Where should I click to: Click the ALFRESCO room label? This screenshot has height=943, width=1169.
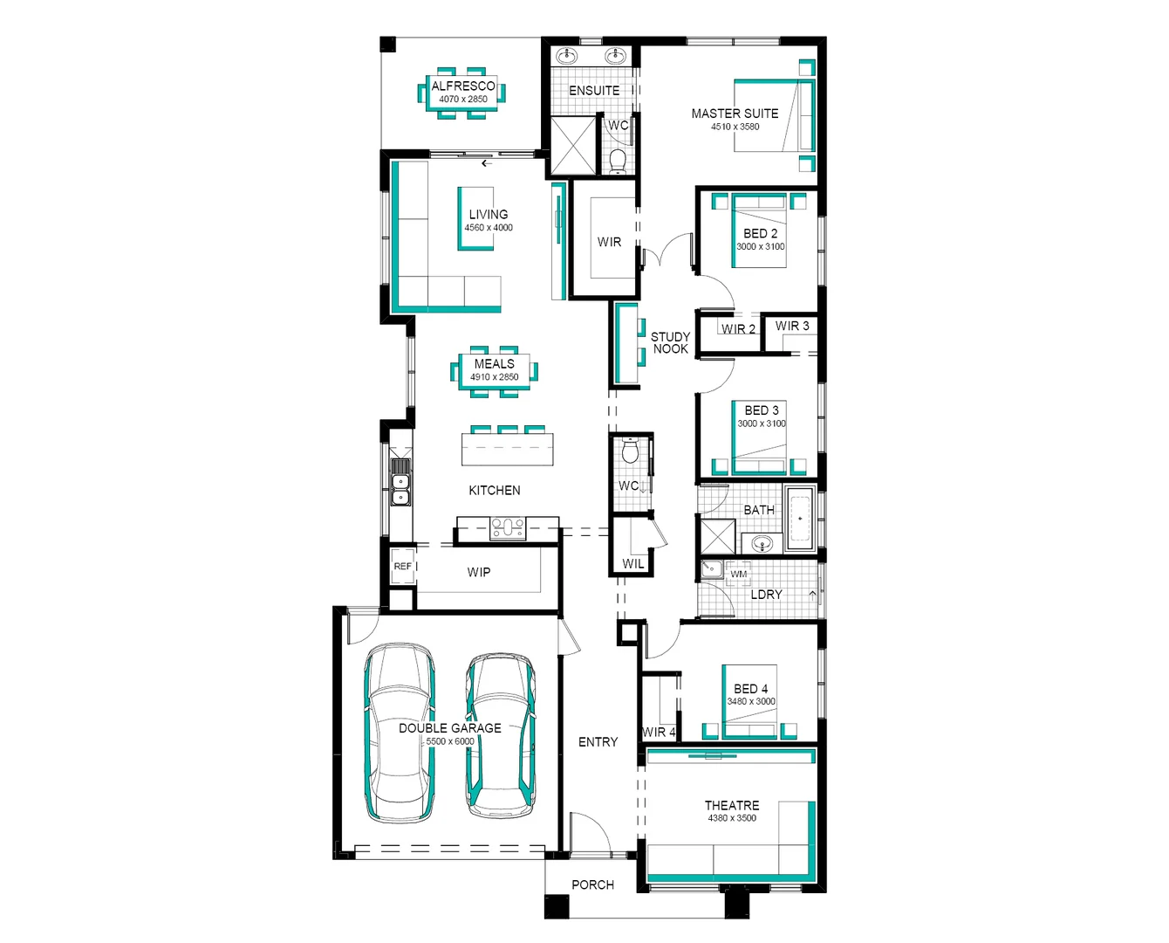pyautogui.click(x=463, y=86)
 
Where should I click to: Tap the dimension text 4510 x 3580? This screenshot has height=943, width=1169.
pyautogui.click(x=735, y=127)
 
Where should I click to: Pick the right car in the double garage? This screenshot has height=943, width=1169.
pyautogui.click(x=501, y=734)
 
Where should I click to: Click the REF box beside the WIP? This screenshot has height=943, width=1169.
pyautogui.click(x=402, y=567)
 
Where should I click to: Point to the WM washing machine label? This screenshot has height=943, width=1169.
pyautogui.click(x=739, y=574)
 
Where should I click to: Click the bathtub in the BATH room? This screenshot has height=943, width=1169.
pyautogui.click(x=799, y=519)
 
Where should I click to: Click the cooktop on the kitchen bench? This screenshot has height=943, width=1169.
pyautogui.click(x=508, y=527)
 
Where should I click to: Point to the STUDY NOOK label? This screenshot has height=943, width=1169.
pyautogui.click(x=670, y=342)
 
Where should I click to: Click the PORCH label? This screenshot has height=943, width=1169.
pyautogui.click(x=592, y=884)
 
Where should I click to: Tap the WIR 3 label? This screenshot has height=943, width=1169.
pyautogui.click(x=792, y=326)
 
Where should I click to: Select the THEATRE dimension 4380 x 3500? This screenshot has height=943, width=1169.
pyautogui.click(x=732, y=818)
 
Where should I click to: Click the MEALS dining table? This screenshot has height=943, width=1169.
pyautogui.click(x=495, y=370)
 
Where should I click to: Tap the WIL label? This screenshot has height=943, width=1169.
pyautogui.click(x=633, y=563)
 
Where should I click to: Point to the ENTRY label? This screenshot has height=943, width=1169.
pyautogui.click(x=598, y=741)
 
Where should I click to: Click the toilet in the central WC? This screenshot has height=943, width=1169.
pyautogui.click(x=630, y=451)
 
